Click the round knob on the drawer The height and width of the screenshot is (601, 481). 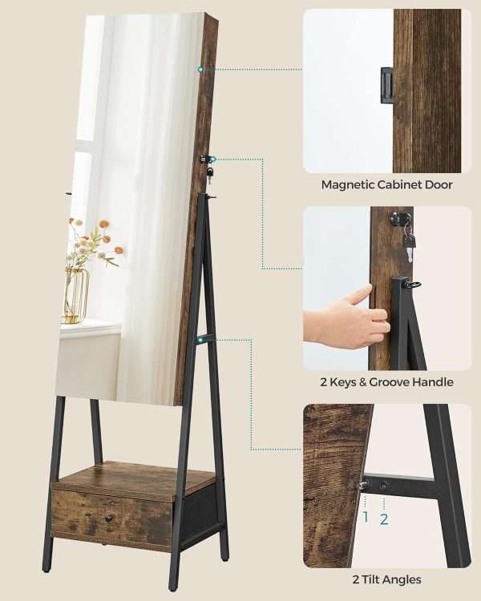[109, 518]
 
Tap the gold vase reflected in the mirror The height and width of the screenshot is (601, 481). [76, 296]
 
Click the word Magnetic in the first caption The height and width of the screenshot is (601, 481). [347, 185]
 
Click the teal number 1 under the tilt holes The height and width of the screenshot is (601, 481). [366, 517]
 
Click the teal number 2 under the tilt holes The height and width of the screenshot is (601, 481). [384, 519]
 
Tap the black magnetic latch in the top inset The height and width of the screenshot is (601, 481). [386, 85]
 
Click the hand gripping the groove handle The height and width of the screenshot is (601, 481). [346, 317]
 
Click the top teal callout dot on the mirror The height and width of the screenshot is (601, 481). [200, 70]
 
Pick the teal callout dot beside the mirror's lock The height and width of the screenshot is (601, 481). [213, 159]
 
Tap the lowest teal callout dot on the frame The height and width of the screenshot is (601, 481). [200, 338]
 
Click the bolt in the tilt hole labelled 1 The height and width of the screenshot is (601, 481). [363, 486]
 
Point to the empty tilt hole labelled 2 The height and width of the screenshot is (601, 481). [384, 486]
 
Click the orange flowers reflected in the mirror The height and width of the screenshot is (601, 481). [95, 236]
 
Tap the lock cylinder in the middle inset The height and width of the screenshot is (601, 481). [396, 219]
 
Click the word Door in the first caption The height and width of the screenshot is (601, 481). [439, 185]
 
